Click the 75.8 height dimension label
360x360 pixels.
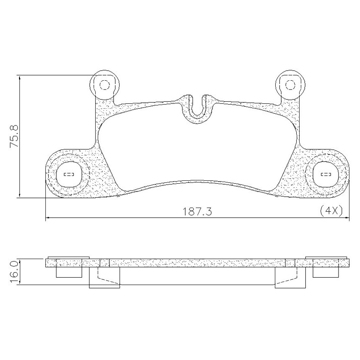click(14, 136)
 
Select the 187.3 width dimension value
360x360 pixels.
click(197, 212)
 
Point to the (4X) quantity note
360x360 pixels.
click(331, 210)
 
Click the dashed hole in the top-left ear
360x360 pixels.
click(105, 85)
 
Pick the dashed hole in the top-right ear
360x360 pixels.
click(290, 85)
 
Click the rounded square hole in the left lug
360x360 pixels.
click(69, 174)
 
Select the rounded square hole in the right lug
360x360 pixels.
click(326, 174)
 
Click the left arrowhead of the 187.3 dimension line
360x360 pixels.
click(48, 217)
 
